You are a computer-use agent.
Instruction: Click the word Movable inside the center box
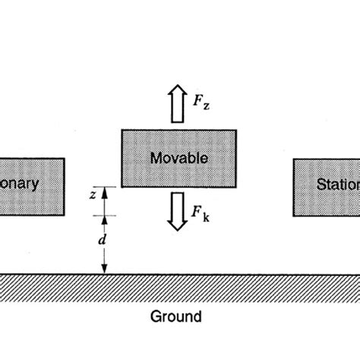coord(180,159)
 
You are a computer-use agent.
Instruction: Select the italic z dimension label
coord(92,194)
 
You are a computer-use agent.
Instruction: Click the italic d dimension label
coord(92,240)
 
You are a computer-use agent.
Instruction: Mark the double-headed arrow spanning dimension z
coord(106,201)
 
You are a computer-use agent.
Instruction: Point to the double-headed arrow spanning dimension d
coord(106,245)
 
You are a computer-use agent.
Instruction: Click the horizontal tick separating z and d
coord(106,216)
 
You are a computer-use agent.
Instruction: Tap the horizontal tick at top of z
coord(106,187)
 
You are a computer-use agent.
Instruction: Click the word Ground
coord(175,316)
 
